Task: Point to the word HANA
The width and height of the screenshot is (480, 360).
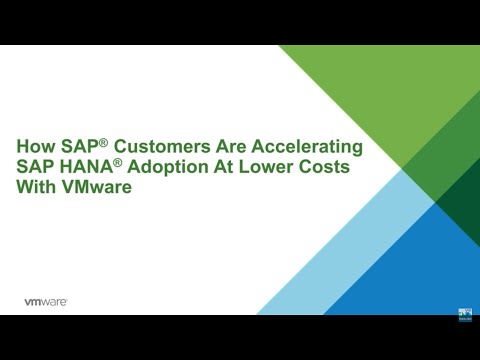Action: tap(86, 167)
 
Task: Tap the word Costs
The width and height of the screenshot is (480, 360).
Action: tap(326, 167)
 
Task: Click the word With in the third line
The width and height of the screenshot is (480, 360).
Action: tap(35, 187)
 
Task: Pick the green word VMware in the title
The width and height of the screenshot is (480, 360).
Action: tap(95, 187)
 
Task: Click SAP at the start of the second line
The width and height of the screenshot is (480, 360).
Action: tap(34, 167)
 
